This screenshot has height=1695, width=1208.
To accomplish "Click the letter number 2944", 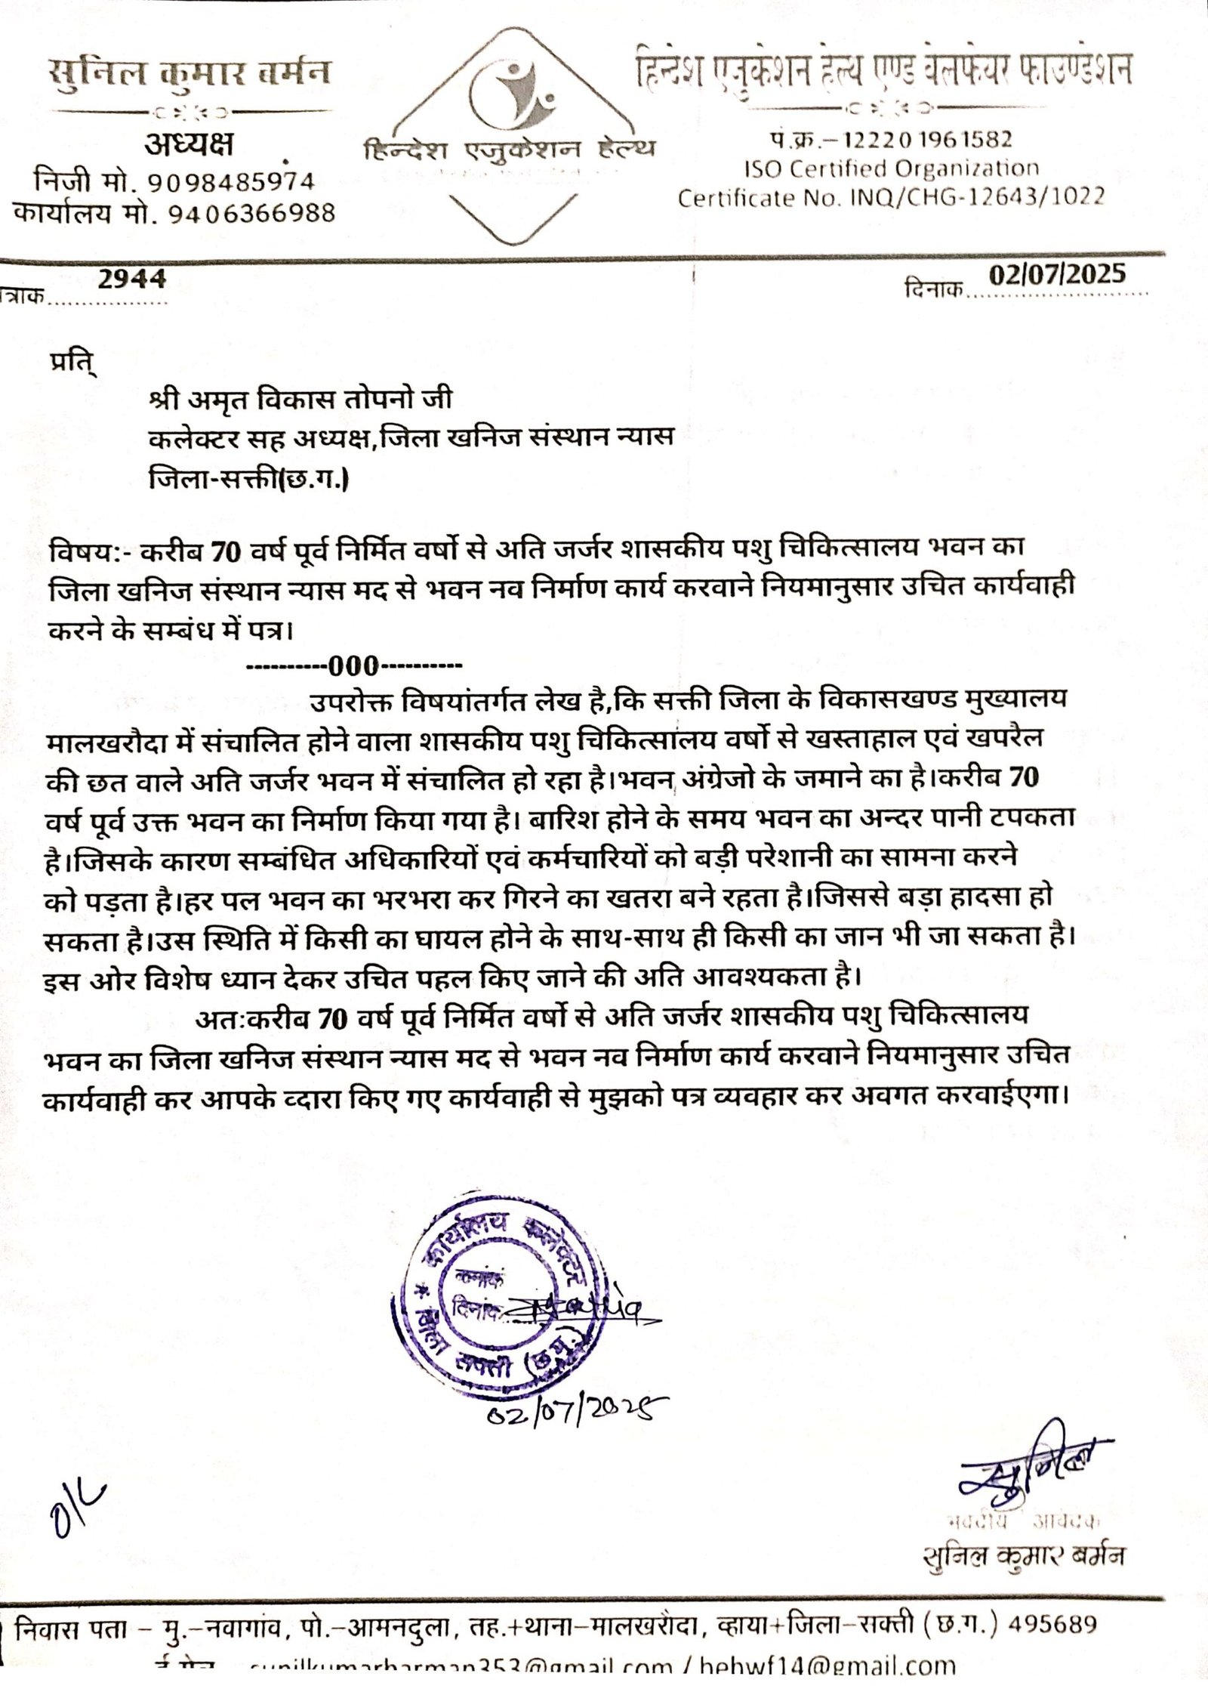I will coord(132,279).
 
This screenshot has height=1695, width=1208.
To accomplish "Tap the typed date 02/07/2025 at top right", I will coord(1057,273).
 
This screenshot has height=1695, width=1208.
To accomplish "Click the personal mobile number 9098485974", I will coord(230,182).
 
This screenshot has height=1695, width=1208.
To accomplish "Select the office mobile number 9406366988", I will coord(239,214).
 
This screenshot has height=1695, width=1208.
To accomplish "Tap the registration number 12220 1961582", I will coord(929,139).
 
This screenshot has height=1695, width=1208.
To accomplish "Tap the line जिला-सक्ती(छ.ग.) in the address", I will coord(249,479).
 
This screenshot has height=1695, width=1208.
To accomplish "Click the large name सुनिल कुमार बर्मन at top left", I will coord(189,75).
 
